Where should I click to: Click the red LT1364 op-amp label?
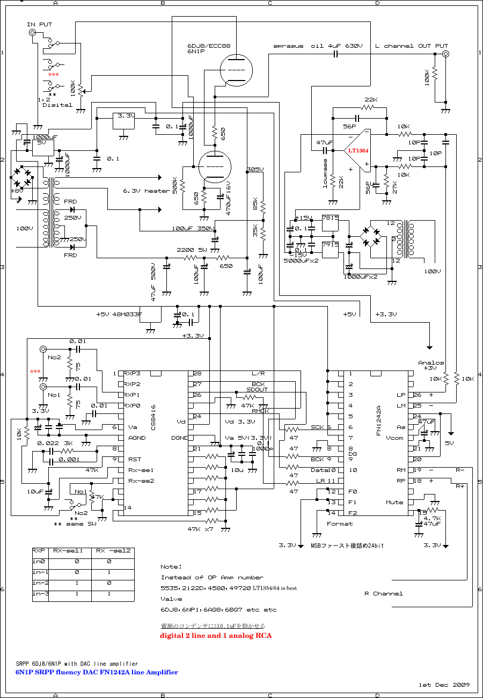click(357, 151)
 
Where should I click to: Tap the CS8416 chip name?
click(153, 419)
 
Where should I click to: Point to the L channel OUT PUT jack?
click(445, 54)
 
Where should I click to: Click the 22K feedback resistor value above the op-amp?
click(371, 100)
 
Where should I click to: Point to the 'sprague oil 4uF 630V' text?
click(317, 46)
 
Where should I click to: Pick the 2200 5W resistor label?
click(192, 250)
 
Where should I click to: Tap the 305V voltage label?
click(255, 170)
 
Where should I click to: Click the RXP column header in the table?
click(39, 550)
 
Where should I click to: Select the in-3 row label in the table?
click(40, 594)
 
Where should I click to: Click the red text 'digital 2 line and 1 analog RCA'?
click(215, 636)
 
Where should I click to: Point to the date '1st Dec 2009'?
click(444, 685)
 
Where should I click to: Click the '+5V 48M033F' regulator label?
click(119, 315)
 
